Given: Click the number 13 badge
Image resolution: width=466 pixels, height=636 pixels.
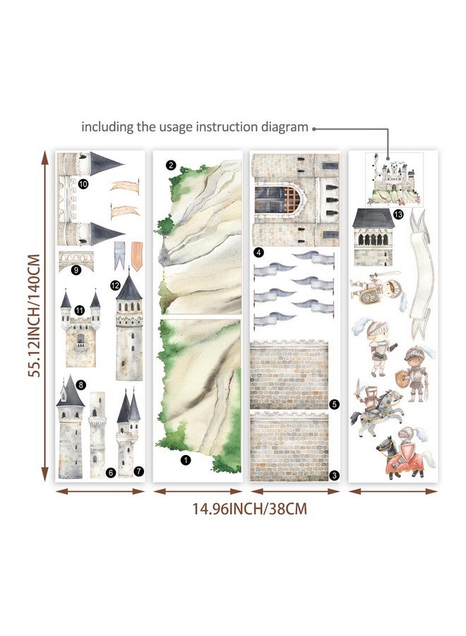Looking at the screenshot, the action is click(398, 213).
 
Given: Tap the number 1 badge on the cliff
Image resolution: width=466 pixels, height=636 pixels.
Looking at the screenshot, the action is click(186, 460).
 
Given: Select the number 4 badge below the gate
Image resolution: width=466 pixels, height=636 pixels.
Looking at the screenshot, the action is click(258, 252).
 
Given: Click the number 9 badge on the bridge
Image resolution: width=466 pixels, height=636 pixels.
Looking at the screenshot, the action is click(76, 269).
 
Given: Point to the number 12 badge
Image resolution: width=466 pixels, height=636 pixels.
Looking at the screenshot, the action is click(115, 285).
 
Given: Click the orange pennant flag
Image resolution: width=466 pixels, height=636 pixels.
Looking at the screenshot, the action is click(137, 256).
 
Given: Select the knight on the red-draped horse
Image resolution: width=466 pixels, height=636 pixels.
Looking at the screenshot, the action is click(403, 453).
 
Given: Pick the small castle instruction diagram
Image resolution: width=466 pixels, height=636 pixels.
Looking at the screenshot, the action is click(394, 179).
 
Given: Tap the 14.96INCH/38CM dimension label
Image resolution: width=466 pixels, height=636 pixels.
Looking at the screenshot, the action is click(249, 509).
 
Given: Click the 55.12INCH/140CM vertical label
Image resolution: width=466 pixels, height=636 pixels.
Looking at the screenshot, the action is click(34, 316).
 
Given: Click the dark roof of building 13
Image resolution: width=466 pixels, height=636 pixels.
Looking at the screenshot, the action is click(374, 218).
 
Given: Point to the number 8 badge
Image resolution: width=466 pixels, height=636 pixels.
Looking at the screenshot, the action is click(81, 384).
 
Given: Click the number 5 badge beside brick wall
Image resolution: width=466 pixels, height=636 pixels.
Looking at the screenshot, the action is click(334, 404).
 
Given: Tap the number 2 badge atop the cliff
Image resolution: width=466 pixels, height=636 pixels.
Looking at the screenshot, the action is click(172, 165).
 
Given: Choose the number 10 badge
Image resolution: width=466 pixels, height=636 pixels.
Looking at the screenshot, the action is click(83, 184).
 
